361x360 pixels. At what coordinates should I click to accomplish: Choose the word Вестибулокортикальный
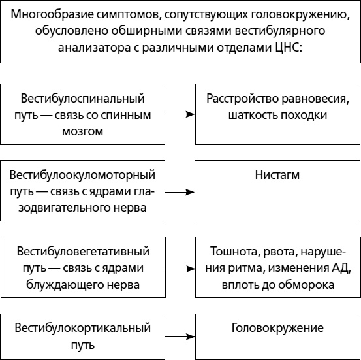tap(82, 327)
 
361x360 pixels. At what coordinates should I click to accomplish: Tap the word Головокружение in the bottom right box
tap(277, 327)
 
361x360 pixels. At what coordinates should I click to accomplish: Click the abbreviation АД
tap(341, 268)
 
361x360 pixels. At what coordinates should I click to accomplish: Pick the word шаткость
tap(251, 114)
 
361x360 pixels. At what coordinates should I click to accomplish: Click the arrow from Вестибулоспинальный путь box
tap(180, 114)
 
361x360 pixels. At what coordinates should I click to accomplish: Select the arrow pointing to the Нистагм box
tap(180, 191)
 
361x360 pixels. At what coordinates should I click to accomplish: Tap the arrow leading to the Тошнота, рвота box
tap(180, 268)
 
